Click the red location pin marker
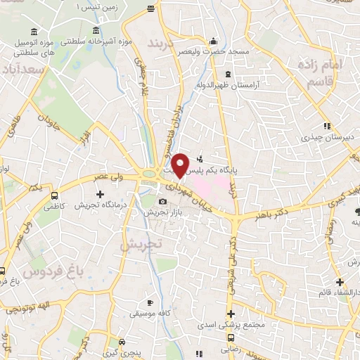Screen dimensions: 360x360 pyautogui.click(x=181, y=164)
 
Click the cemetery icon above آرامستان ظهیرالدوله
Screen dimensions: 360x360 pyautogui.click(x=227, y=73)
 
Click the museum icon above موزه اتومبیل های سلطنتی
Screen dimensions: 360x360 pyautogui.click(x=34, y=34)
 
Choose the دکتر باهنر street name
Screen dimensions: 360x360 pyautogui.click(x=281, y=207)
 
